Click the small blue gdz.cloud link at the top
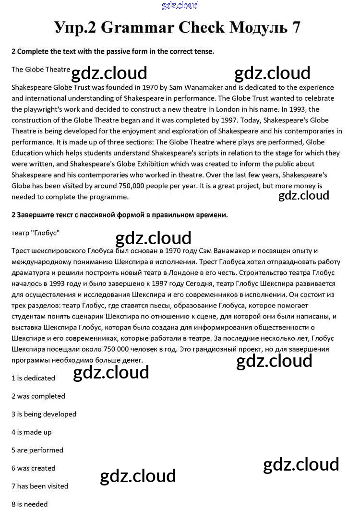point(180,6)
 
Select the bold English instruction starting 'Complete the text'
point(113,51)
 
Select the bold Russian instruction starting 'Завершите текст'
point(120,215)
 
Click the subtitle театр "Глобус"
point(35,233)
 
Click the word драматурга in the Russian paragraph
point(31,272)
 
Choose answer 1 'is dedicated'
point(33,378)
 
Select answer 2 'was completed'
point(38,396)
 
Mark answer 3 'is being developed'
point(44,414)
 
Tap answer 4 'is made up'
point(31,432)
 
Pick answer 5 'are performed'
point(37,450)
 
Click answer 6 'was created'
point(33,468)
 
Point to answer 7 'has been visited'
point(40,486)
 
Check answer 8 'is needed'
point(29,504)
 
